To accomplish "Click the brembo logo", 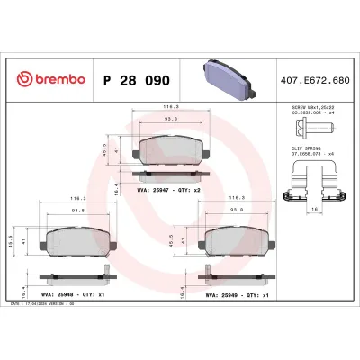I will tap(49, 80).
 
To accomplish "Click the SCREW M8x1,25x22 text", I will tap(311, 107).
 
